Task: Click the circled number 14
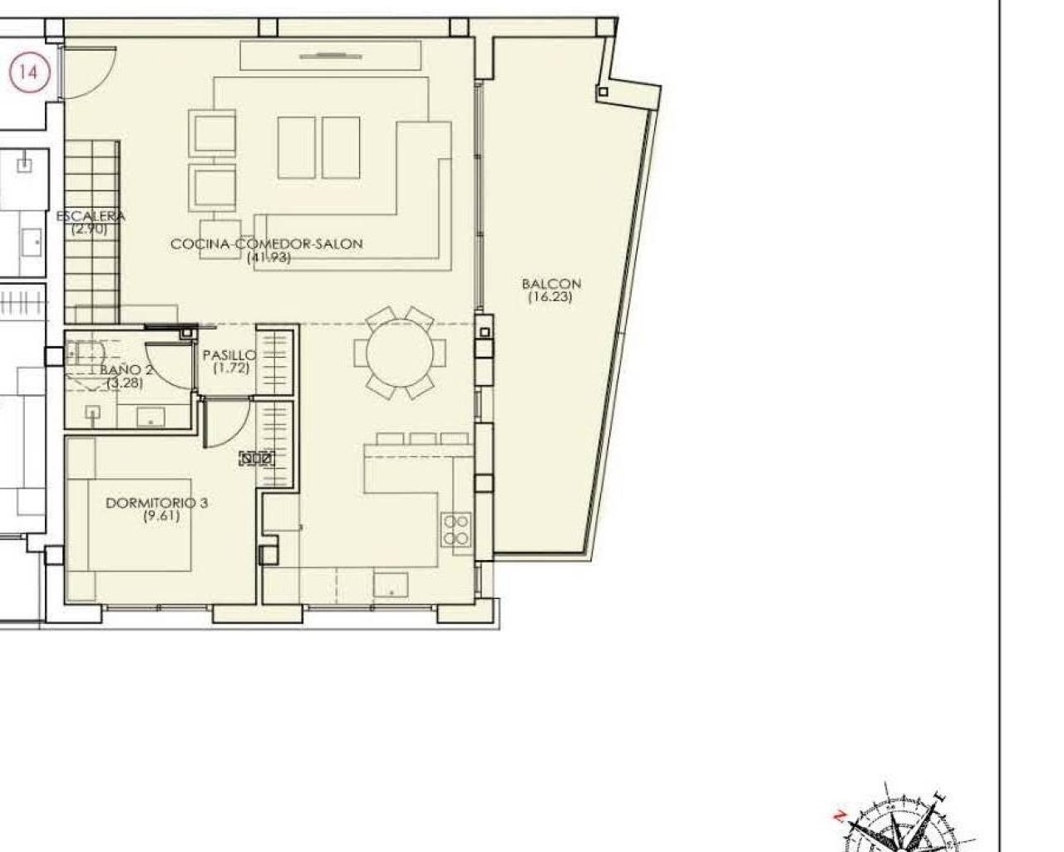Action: point(28,72)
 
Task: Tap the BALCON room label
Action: point(551,284)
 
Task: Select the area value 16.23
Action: point(550,296)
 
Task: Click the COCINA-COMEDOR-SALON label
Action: point(267,244)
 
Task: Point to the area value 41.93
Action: point(268,257)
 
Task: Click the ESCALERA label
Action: point(91,216)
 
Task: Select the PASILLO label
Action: point(229,354)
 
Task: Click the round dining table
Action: point(400,354)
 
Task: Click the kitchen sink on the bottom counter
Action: point(390,585)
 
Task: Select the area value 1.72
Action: point(231,367)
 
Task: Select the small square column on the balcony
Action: point(603,92)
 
